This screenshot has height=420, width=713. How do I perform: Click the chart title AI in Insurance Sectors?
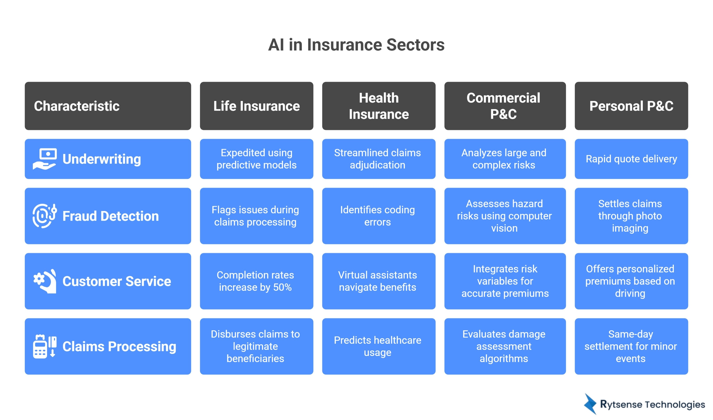[x=356, y=45]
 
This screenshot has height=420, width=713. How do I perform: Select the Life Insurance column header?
[x=256, y=106]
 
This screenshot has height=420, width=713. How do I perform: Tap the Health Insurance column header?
[x=378, y=106]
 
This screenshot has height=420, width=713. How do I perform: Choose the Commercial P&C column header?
[x=505, y=106]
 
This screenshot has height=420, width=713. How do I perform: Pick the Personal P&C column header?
[x=631, y=106]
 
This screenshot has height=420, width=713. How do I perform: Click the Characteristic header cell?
[x=108, y=106]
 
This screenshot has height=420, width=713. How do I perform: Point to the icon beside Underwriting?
[x=45, y=159]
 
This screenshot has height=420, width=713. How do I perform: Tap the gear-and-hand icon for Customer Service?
[x=45, y=281]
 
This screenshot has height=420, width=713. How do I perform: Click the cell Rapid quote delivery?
[x=631, y=159]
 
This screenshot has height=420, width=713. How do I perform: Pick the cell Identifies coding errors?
[x=378, y=216]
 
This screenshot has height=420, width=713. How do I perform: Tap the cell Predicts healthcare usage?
[x=378, y=346]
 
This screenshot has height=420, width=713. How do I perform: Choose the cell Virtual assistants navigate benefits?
[x=378, y=281]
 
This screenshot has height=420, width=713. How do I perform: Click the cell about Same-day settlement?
[x=631, y=346]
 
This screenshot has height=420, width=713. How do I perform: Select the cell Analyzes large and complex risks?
[x=505, y=159]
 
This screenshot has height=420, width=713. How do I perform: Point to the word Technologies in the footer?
[x=675, y=404]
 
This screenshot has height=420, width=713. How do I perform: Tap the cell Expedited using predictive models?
[x=256, y=159]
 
